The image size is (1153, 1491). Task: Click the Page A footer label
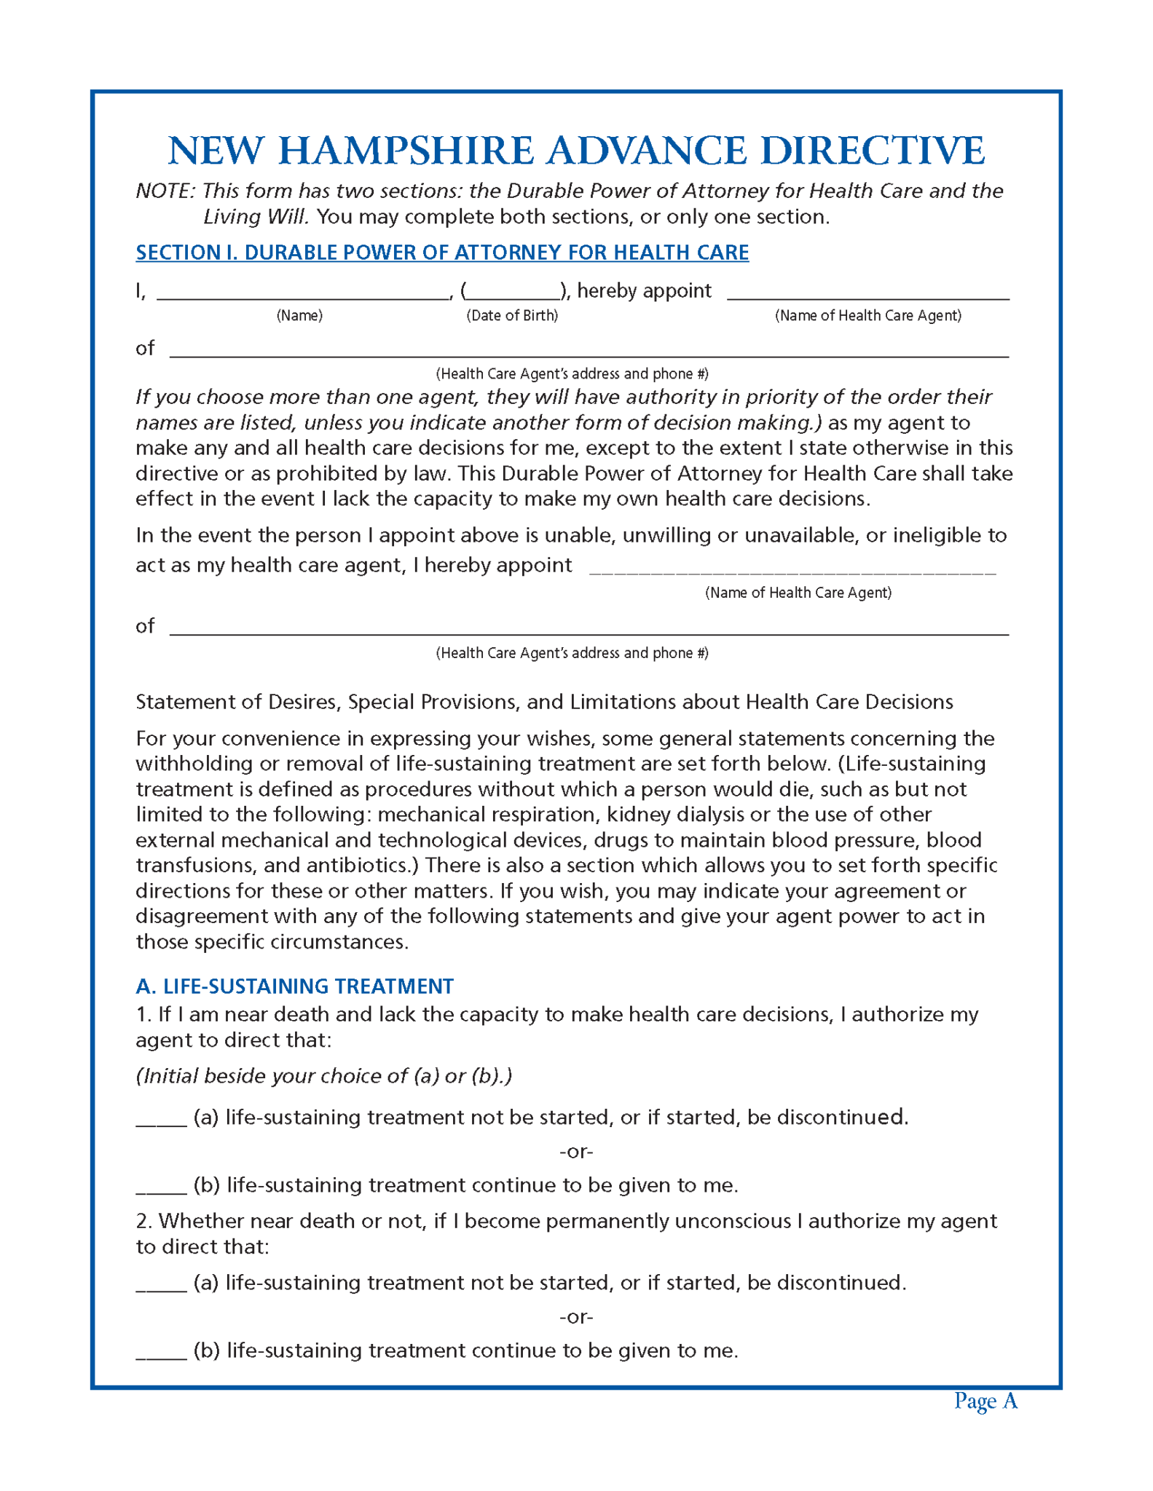tap(985, 1401)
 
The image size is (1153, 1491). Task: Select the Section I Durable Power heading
tap(441, 253)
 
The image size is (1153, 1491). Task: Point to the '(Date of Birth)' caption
tap(512, 315)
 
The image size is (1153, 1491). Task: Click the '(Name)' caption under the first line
tap(299, 315)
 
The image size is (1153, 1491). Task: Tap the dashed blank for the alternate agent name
tap(792, 568)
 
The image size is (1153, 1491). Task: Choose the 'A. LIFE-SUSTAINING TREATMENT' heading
tap(294, 986)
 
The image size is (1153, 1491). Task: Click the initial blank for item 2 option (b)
tap(162, 1353)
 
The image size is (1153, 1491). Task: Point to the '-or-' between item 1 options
tap(576, 1152)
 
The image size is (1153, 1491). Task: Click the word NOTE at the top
tap(165, 191)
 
